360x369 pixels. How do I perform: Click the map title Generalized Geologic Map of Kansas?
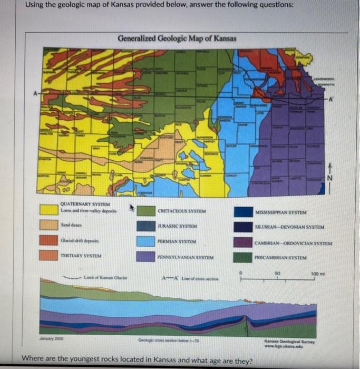(177, 38)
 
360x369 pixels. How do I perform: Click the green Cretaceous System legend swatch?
(149, 211)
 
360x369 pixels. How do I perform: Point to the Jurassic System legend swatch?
(149, 226)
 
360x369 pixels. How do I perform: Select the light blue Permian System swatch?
(149, 241)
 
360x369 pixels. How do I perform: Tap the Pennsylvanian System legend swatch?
(149, 256)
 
